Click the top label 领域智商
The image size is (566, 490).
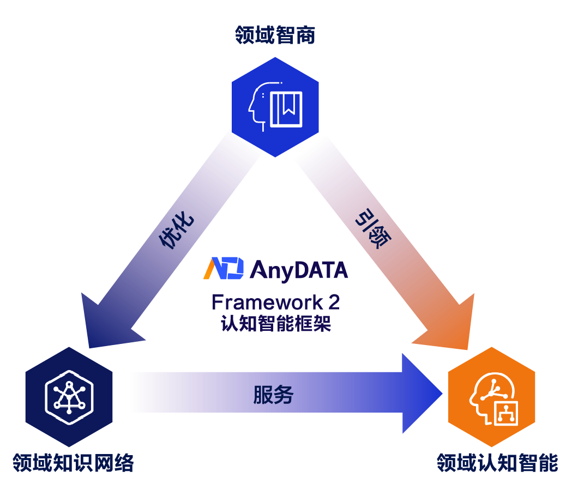tap(275, 36)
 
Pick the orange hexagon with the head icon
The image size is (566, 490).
tap(491, 395)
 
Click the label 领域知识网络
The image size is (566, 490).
tap(74, 464)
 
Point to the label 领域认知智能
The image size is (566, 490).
tap(497, 464)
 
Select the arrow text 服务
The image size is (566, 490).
tap(273, 395)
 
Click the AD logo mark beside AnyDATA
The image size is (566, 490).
tap(224, 269)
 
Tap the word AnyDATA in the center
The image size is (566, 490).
tap(298, 270)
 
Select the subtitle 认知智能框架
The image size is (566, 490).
tap(276, 323)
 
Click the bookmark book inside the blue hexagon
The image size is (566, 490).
tap(286, 108)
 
